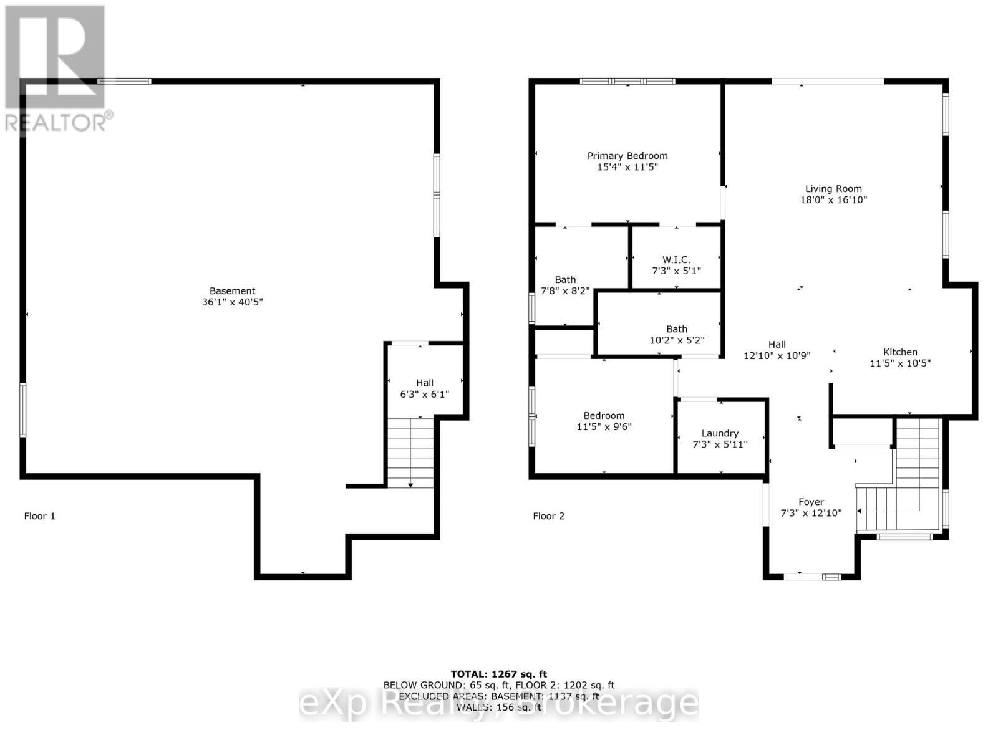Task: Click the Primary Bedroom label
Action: tap(627, 156)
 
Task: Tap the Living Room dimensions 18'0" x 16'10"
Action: tap(833, 200)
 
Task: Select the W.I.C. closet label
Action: tap(676, 259)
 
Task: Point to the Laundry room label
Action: tap(720, 433)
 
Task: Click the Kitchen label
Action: tap(900, 352)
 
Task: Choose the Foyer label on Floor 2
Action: tap(811, 502)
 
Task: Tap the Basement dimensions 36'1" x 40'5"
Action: tap(232, 302)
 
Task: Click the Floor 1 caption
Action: tap(39, 516)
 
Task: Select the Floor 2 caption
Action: tap(548, 516)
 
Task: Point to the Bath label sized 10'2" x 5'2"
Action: tap(677, 329)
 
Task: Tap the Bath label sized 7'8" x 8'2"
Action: tap(565, 280)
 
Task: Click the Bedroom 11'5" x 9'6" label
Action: tap(604, 416)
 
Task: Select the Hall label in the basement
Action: tap(425, 383)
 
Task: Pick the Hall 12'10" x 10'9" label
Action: tap(777, 344)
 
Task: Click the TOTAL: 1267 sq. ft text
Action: tap(498, 674)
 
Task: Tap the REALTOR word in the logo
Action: tap(56, 122)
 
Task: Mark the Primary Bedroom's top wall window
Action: tap(627, 81)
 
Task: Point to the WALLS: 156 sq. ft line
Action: tap(498, 707)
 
